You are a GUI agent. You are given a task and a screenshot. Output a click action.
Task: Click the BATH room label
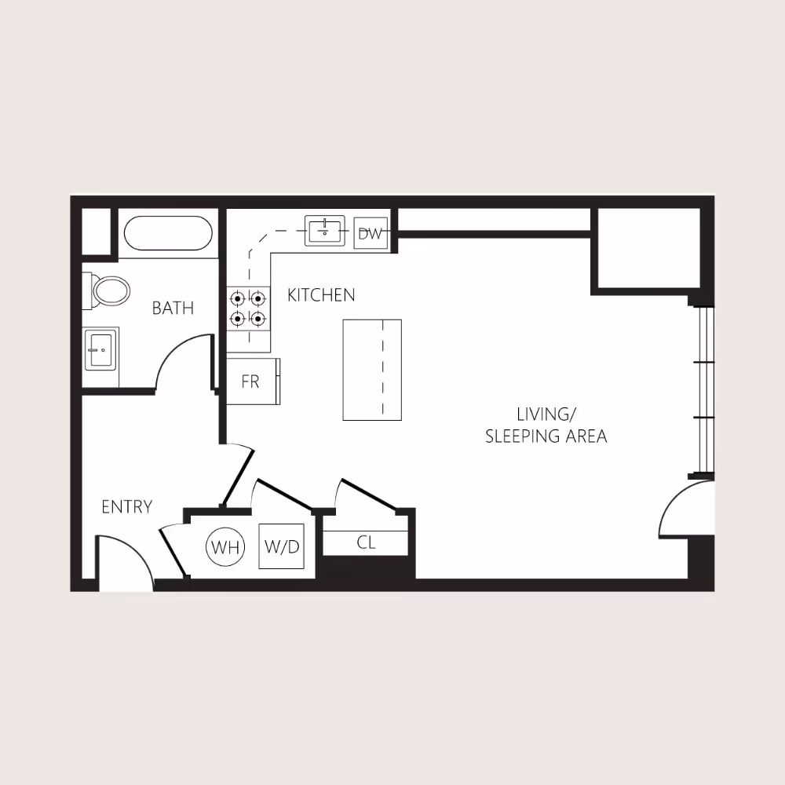173,308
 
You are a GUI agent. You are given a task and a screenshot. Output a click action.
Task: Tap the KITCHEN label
321,295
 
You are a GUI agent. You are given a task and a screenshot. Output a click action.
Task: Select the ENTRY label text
126,507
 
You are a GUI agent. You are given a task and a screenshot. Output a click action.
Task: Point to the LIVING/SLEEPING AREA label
546,425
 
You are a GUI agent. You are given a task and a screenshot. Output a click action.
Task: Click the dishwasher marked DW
371,233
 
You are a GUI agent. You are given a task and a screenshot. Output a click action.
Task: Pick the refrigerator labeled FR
250,382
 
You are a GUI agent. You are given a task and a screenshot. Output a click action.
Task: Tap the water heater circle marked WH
225,547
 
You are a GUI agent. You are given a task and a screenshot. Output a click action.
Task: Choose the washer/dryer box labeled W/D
281,546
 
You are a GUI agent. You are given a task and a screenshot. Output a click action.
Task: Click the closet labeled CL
366,542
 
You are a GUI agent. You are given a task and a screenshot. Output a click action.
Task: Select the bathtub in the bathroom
168,233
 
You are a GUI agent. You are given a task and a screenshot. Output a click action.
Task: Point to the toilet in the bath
108,290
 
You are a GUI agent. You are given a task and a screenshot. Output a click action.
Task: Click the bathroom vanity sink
100,348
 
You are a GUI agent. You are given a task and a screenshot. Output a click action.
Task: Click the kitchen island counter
372,370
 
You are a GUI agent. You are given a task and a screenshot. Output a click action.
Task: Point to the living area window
704,390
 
